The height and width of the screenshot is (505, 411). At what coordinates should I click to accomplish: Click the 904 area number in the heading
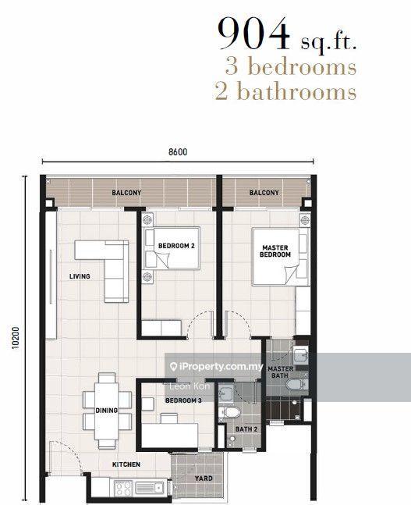(253, 34)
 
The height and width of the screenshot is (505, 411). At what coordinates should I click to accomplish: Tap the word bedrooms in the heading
(303, 66)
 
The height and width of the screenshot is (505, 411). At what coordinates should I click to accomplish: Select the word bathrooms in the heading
(296, 91)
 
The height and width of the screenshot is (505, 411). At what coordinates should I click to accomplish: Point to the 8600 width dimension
(178, 151)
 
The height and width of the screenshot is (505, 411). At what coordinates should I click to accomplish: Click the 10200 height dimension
(16, 337)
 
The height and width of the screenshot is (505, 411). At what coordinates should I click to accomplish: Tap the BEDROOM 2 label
(176, 246)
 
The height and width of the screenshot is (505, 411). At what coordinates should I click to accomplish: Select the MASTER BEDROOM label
(275, 251)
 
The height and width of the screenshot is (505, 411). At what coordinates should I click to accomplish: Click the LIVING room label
(80, 276)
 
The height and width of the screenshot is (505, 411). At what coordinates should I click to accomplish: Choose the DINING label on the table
(106, 411)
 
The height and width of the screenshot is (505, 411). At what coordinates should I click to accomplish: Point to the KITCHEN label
(126, 464)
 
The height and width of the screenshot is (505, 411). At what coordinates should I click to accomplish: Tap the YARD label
(204, 478)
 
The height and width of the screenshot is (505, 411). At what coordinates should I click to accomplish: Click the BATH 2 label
(246, 429)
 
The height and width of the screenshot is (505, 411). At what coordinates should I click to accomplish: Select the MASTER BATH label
(280, 372)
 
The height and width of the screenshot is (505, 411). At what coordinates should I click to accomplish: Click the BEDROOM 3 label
(183, 400)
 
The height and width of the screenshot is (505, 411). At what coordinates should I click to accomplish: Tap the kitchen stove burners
(123, 489)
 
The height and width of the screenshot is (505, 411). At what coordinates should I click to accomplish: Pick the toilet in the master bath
(297, 384)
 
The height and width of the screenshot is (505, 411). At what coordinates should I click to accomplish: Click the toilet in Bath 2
(229, 412)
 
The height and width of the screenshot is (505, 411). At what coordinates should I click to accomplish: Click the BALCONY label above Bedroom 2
(126, 193)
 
